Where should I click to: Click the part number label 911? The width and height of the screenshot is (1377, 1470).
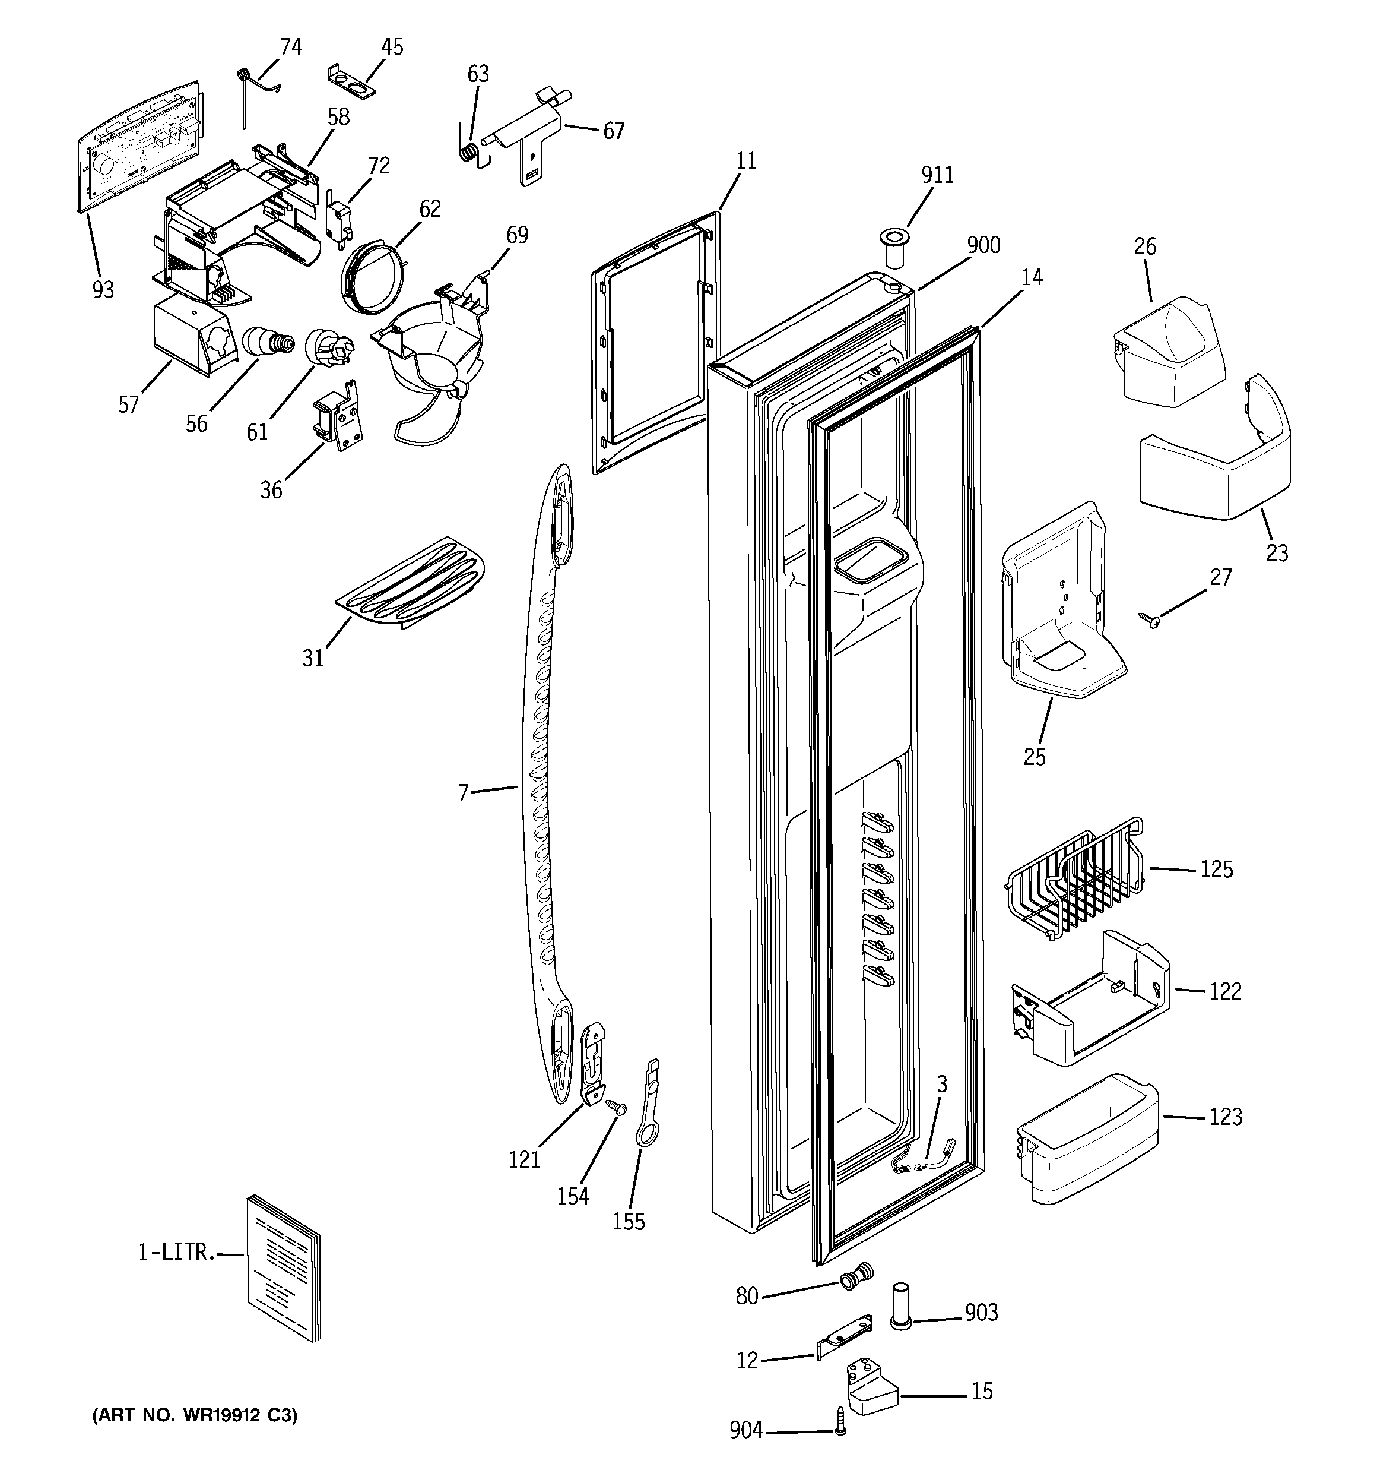937,175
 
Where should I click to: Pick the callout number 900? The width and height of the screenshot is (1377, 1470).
983,245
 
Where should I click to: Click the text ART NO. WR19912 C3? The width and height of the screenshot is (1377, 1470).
195,1415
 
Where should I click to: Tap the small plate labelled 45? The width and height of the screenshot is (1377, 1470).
352,81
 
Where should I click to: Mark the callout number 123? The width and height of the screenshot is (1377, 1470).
1226,1117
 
